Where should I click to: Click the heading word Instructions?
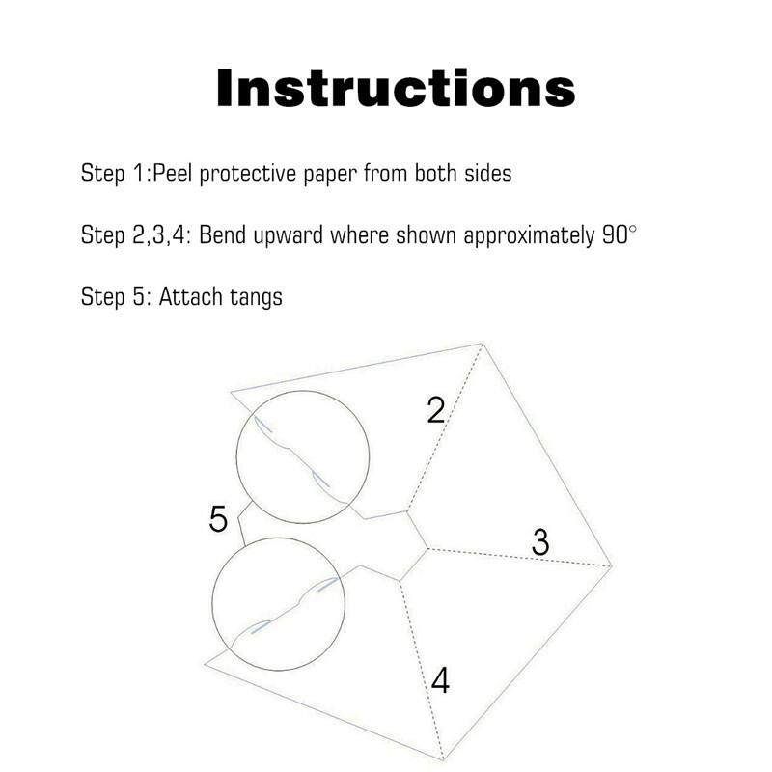[396, 88]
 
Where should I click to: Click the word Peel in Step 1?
[172, 174]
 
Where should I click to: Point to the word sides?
[488, 174]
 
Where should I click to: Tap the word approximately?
[529, 236]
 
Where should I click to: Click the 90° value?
[620, 234]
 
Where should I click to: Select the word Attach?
[190, 297]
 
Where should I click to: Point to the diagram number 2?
[436, 409]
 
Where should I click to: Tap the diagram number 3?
[540, 542]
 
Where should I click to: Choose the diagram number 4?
[440, 680]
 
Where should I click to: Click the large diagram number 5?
[218, 518]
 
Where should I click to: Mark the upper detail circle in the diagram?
[370, 456]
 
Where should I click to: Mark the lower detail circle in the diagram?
[345, 604]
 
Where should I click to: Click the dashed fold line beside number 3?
[519, 558]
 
